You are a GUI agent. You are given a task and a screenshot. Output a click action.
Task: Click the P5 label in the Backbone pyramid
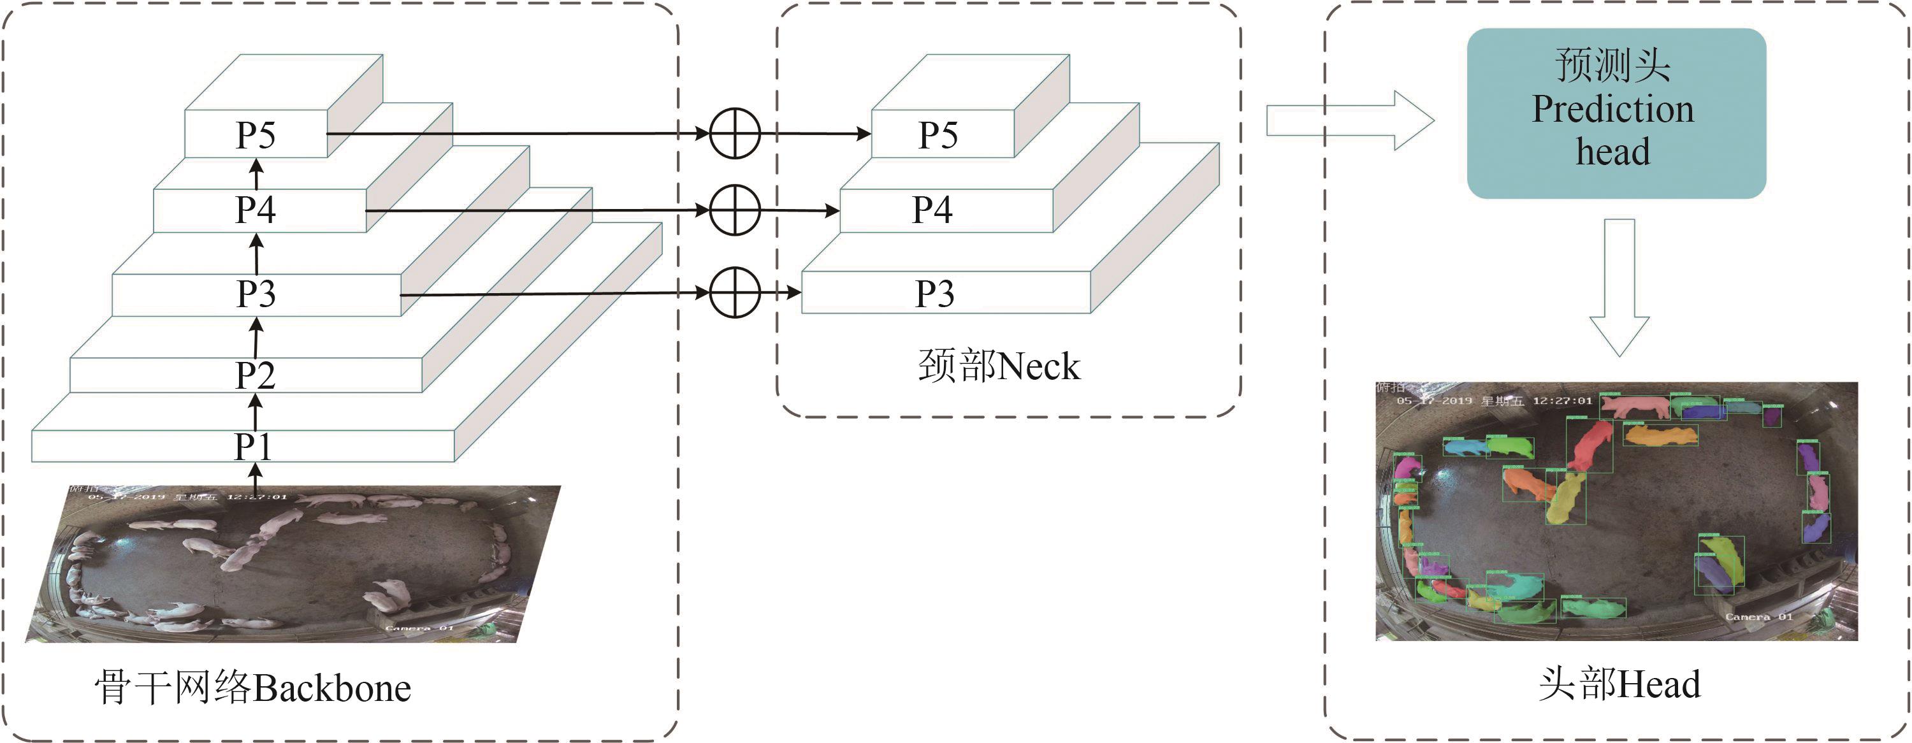[x=256, y=135]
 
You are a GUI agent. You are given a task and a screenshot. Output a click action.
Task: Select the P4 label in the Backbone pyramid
[x=256, y=210]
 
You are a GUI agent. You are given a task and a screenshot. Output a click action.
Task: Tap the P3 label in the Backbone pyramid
[x=256, y=294]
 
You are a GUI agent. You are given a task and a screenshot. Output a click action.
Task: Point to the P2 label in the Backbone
[x=256, y=375]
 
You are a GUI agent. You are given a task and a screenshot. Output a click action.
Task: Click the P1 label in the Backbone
[x=253, y=447]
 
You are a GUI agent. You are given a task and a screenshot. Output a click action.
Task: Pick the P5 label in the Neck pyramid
[x=938, y=135]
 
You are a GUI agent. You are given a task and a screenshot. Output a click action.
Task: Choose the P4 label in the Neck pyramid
[x=932, y=210]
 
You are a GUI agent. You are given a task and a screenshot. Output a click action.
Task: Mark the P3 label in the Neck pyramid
[x=934, y=294]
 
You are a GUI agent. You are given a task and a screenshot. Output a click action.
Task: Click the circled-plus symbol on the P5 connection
[x=735, y=134]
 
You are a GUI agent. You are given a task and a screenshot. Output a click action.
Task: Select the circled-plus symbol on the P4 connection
[x=735, y=211]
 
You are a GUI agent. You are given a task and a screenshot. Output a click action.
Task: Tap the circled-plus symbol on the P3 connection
[x=735, y=292]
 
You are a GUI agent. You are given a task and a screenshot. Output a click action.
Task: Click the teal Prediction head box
[x=1616, y=113]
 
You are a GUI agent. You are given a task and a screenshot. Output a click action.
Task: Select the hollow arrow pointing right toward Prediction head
[x=1349, y=120]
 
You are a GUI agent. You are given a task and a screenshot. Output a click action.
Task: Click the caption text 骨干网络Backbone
[x=252, y=688]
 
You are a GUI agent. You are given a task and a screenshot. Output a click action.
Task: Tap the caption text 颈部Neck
[x=999, y=366]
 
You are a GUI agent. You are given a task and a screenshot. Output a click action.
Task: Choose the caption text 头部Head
[x=1619, y=684]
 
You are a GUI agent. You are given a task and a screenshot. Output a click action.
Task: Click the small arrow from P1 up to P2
[x=256, y=412]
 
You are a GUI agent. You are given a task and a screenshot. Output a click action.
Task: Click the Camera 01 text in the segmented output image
[x=1758, y=617]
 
